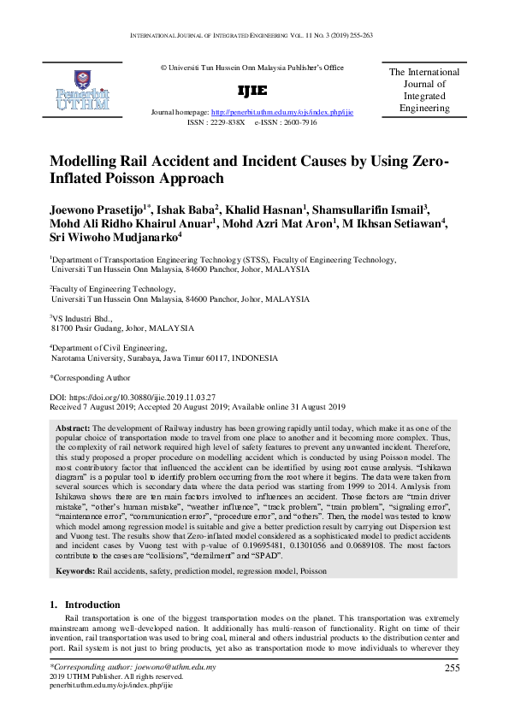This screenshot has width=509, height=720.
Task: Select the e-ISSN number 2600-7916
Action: point(299,122)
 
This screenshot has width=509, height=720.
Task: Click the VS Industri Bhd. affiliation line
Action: point(80,317)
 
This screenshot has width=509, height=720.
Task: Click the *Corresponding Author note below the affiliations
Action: point(91,377)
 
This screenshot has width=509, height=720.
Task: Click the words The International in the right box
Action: point(423,73)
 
